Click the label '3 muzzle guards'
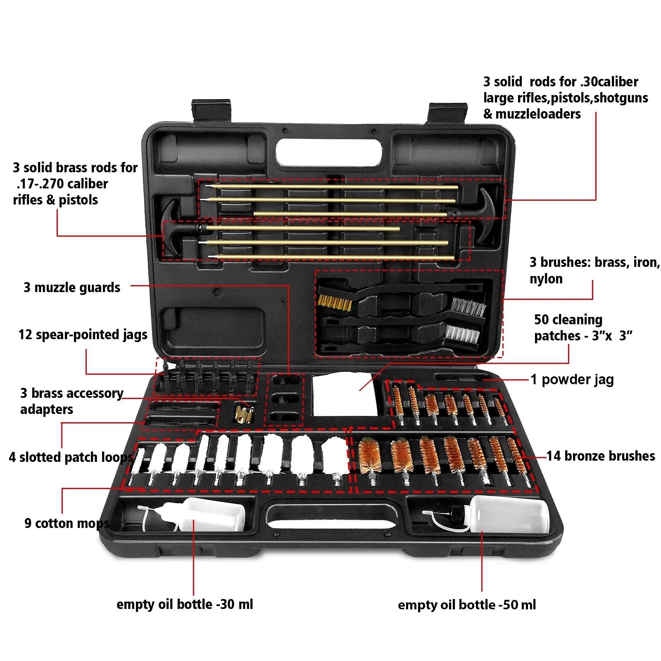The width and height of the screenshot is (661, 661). [x=72, y=287]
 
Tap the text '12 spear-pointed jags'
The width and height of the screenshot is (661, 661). [x=83, y=335]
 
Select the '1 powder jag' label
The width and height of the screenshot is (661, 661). [x=572, y=379]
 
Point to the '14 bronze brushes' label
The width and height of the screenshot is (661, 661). [x=601, y=456]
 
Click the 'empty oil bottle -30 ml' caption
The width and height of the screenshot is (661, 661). [x=185, y=604]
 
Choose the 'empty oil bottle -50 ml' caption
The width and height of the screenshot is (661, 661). [x=466, y=604]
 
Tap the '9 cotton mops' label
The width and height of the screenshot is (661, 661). [x=67, y=523]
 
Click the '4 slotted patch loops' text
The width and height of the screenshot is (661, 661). [x=71, y=457]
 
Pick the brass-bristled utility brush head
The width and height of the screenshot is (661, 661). [x=334, y=302]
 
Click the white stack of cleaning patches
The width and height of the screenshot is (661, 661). [x=345, y=394]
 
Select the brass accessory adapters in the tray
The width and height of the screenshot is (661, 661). [x=243, y=414]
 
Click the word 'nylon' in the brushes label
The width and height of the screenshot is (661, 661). [x=546, y=279]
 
